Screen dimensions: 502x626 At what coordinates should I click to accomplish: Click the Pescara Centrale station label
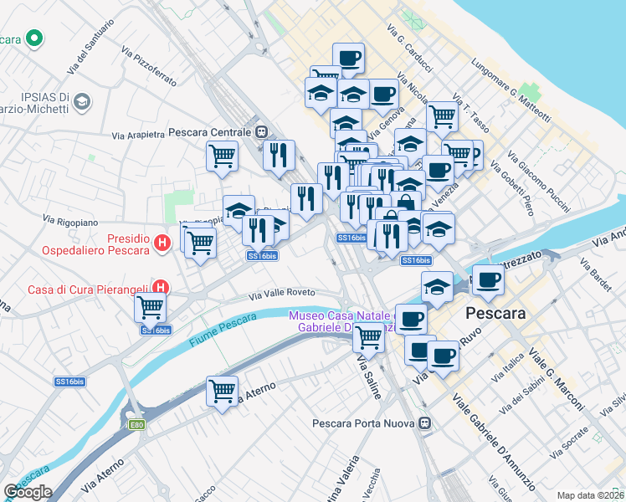(x=210, y=132)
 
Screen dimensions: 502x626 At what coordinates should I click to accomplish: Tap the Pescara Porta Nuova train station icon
(x=426, y=423)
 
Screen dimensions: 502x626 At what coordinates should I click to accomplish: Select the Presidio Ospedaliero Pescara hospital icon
(x=163, y=243)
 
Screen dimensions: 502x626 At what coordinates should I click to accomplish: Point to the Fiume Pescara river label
(x=222, y=330)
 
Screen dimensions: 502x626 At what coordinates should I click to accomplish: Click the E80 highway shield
(x=136, y=425)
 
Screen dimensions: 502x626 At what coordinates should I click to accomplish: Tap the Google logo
(x=28, y=492)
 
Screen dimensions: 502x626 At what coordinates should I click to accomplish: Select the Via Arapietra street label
(x=140, y=135)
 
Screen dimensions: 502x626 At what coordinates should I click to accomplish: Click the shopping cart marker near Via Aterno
(x=222, y=390)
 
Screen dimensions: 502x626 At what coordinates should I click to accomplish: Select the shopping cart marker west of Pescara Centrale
(x=222, y=155)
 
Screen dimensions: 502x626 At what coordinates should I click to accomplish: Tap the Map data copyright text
(x=591, y=495)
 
